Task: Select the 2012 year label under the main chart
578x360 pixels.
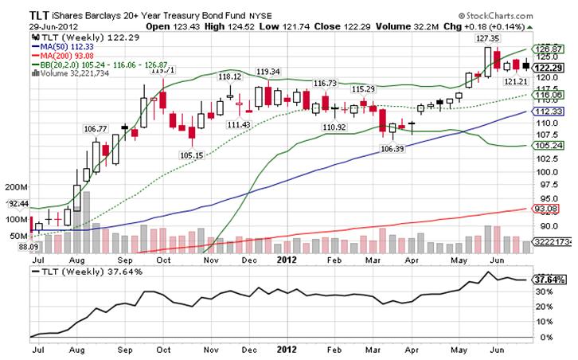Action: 286,260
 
